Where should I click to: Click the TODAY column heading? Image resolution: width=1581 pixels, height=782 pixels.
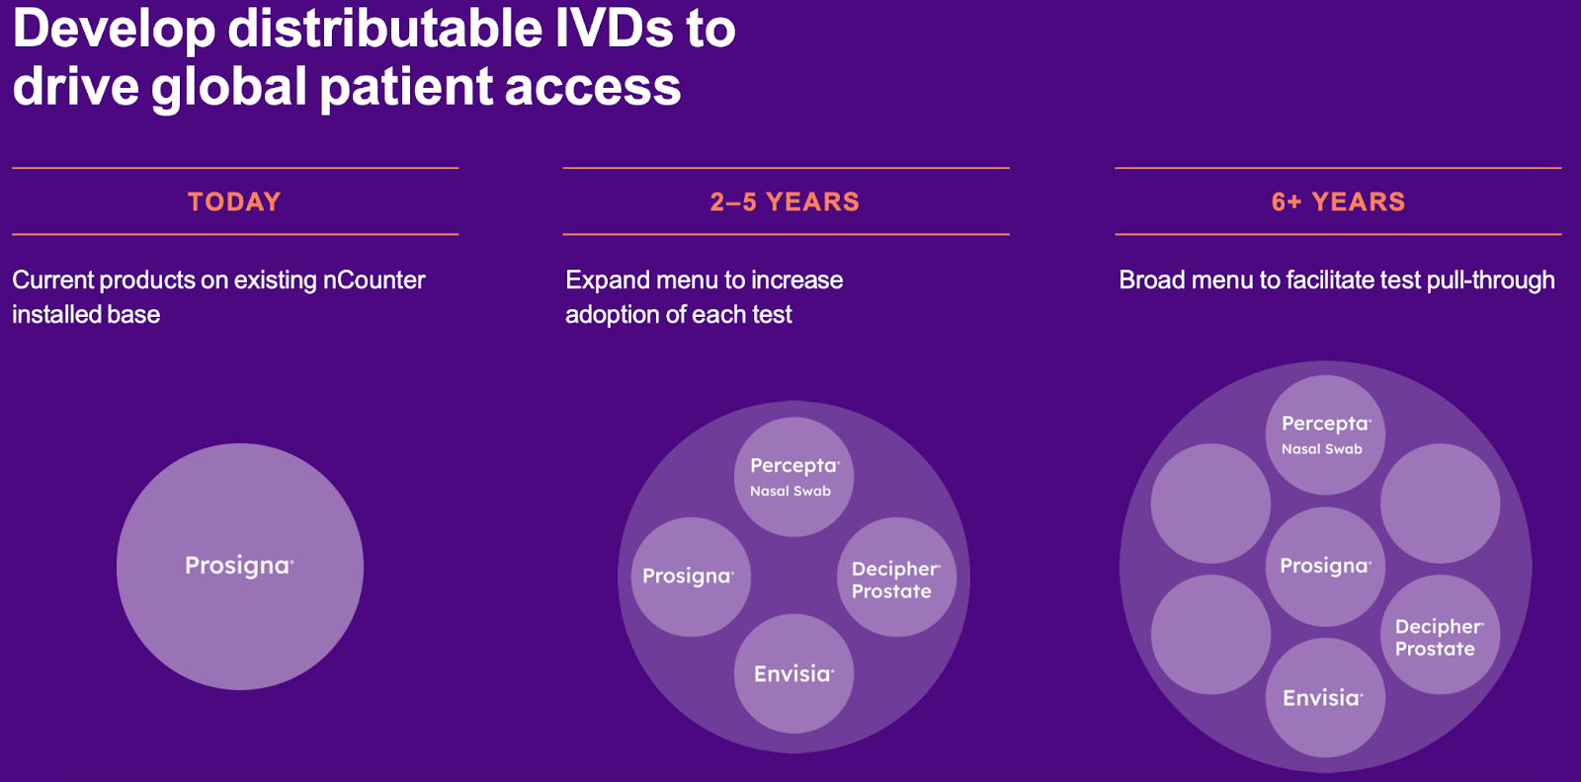(234, 201)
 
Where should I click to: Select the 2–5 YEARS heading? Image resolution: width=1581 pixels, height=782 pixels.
(785, 201)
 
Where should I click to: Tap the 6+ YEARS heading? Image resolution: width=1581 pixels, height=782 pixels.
(1338, 201)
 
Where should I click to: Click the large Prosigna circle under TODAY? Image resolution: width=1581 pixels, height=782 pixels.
(239, 566)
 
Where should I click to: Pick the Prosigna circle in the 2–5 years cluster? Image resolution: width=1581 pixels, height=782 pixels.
(690, 577)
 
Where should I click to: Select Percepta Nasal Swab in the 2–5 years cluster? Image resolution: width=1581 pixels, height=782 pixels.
(793, 477)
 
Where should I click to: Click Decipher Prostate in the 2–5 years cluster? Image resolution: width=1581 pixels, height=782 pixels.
(896, 579)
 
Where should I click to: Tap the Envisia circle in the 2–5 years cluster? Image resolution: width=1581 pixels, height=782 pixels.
(793, 673)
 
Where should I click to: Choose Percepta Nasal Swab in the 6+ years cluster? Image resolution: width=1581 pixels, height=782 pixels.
(1325, 434)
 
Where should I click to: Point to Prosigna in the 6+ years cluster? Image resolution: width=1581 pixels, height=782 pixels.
(1325, 566)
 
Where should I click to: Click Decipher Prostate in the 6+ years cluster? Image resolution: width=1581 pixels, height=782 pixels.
(1439, 636)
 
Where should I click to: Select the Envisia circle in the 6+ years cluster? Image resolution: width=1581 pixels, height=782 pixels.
(1324, 697)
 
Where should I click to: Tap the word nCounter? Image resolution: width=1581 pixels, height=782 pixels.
(374, 280)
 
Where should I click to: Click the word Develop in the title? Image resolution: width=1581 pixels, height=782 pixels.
(114, 28)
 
